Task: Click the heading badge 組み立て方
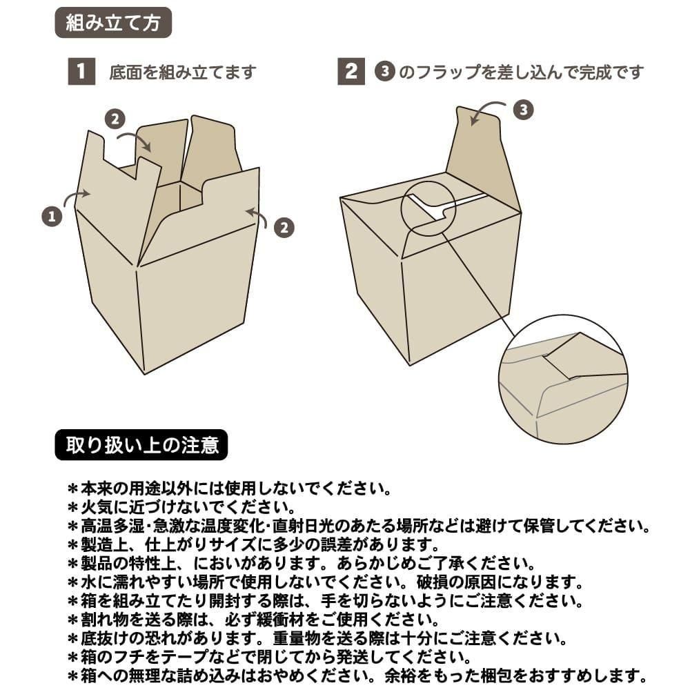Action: click(x=113, y=23)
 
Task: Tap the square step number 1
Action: click(x=81, y=71)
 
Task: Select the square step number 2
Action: click(x=351, y=71)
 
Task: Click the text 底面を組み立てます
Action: click(x=183, y=72)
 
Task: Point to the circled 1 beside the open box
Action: click(x=52, y=216)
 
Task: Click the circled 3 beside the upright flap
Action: click(x=524, y=110)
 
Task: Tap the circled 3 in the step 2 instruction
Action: click(x=385, y=71)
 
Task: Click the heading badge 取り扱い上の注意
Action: click(x=141, y=445)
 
